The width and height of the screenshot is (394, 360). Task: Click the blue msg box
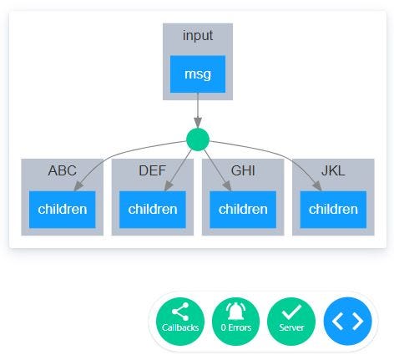pyautogui.click(x=198, y=74)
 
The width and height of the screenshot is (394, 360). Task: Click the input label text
pyautogui.click(x=198, y=36)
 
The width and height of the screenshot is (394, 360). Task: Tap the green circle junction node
pyautogui.click(x=198, y=139)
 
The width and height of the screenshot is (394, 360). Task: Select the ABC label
pyautogui.click(x=62, y=171)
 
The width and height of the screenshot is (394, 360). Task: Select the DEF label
pyautogui.click(x=152, y=171)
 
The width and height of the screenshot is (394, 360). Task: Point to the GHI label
pyautogui.click(x=243, y=171)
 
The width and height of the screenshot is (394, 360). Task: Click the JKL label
pyautogui.click(x=333, y=171)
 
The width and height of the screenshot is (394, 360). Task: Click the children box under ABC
pyautogui.click(x=62, y=209)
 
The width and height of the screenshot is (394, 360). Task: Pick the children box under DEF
pyautogui.click(x=152, y=209)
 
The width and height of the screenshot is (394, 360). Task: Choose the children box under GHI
pyautogui.click(x=243, y=209)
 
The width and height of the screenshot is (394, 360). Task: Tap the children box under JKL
pyautogui.click(x=333, y=209)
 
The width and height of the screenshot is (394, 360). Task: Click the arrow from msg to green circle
pyautogui.click(x=198, y=110)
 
